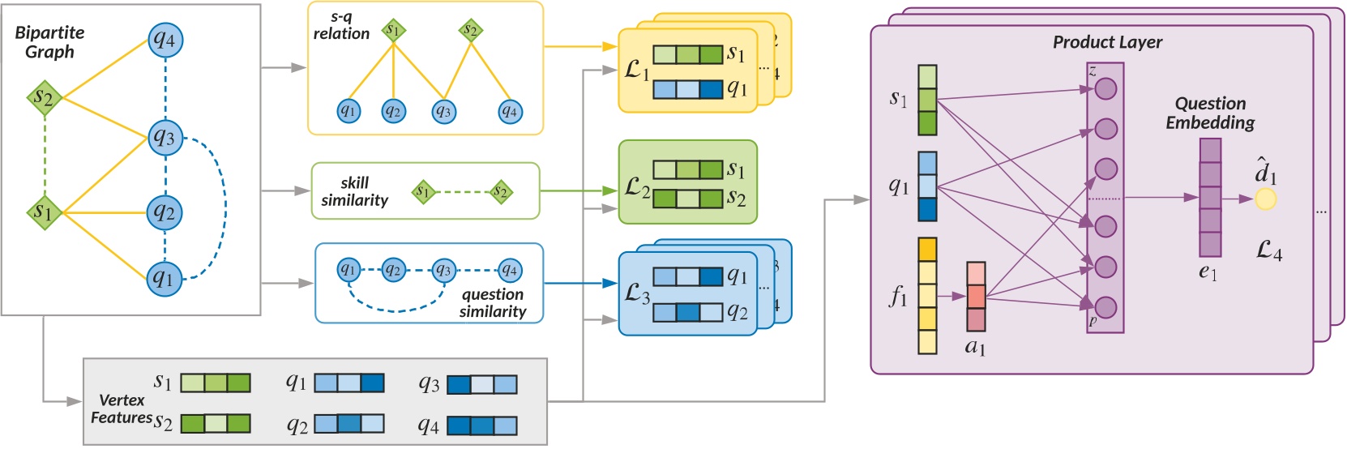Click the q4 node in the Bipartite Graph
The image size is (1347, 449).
pos(165,39)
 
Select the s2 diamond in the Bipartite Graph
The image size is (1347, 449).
pos(44,98)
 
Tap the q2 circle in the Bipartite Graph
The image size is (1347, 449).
pos(165,212)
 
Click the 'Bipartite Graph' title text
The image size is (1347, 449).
pos(49,42)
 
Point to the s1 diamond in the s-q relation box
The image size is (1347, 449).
pos(393,31)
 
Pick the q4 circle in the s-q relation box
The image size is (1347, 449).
pos(509,111)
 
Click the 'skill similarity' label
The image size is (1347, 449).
pos(354,191)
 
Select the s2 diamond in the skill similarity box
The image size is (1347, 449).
pos(501,192)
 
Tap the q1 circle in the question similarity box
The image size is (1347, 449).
pos(349,269)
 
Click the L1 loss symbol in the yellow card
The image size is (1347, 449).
pos(637,71)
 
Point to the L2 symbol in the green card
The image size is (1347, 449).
pos(637,188)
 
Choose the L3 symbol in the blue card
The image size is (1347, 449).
pos(637,293)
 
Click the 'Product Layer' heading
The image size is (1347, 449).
pos(1107,42)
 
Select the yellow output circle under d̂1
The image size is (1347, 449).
pos(1265,199)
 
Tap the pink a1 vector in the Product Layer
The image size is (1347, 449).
pos(976,297)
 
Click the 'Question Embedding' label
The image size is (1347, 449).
pos(1210,113)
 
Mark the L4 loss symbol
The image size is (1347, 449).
pos(1269,251)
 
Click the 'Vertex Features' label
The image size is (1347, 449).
pos(122,409)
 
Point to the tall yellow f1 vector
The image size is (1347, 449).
pos(927,296)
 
